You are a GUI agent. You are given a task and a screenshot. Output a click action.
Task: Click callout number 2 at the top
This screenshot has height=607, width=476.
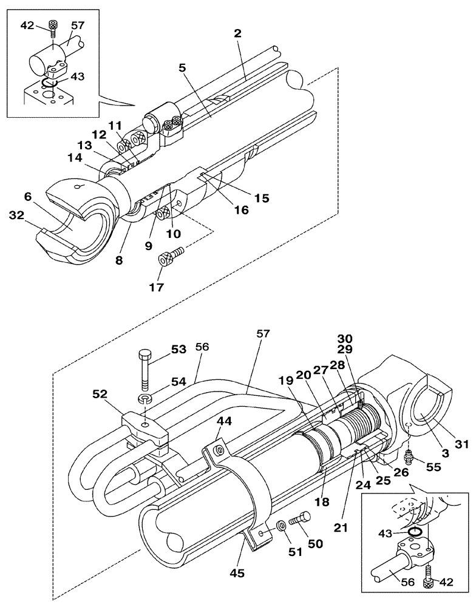(238, 34)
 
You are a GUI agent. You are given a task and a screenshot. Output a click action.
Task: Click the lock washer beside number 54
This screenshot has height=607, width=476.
(144, 399)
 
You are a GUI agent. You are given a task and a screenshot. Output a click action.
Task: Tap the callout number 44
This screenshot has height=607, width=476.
(225, 420)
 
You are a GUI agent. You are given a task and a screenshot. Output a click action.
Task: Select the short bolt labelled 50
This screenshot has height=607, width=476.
(300, 518)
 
